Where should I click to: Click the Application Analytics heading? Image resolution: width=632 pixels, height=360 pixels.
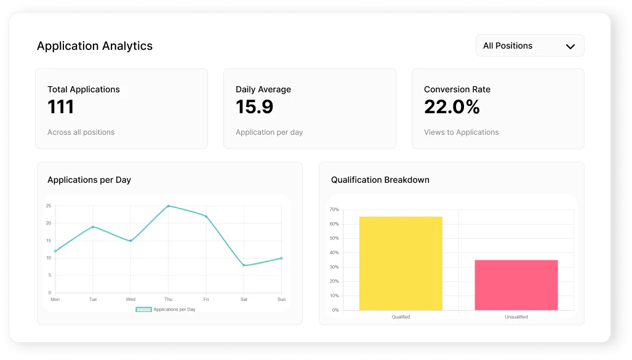coord(95,46)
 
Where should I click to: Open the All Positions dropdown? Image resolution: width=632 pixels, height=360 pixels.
coord(529,46)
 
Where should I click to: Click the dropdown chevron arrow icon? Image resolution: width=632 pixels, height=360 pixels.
coord(570,46)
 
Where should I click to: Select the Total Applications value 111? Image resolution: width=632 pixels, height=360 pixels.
coord(61,107)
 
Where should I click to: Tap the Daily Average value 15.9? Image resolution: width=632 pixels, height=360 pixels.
coord(254,107)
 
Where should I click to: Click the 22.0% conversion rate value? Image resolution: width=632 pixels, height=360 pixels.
coord(452,107)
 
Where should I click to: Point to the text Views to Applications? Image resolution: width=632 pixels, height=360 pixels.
coord(461,132)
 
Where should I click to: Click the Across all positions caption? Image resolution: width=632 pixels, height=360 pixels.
coord(81,132)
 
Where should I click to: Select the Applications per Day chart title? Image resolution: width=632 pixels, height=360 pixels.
coord(89,180)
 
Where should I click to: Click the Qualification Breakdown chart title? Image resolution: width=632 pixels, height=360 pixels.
coord(380,180)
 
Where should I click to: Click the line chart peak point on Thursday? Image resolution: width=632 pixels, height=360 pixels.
coord(168,206)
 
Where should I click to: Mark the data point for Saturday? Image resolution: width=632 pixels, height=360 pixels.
coord(244,265)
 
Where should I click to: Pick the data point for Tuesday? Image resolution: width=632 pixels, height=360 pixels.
coord(93,226)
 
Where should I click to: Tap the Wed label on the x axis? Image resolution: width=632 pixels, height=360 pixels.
coord(130,300)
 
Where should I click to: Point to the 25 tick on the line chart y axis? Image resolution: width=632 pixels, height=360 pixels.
coord(49,206)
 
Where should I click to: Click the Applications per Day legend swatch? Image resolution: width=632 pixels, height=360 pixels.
coord(143,310)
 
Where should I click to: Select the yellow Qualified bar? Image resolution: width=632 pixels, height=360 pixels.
coord(401,263)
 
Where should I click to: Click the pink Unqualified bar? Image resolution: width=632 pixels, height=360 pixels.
coord(516,285)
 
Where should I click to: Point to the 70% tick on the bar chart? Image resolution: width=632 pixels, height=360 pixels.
coord(334,210)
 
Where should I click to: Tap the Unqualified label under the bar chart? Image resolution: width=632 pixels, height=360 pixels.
coord(516,317)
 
